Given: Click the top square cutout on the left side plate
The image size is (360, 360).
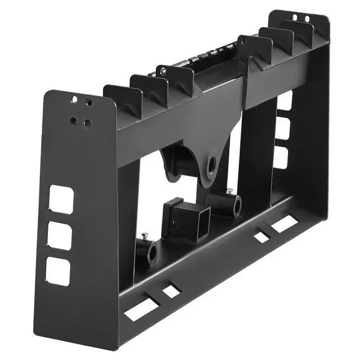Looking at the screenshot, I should [x=61, y=199].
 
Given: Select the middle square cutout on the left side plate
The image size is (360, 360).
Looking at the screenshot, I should [x=59, y=236].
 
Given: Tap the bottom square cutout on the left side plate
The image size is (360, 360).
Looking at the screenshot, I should [x=58, y=271].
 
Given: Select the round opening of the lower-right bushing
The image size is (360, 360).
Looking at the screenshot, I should [x=237, y=206].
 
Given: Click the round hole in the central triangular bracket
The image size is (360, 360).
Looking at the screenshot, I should [x=211, y=164].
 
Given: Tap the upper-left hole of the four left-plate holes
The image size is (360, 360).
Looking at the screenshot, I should [x=74, y=100].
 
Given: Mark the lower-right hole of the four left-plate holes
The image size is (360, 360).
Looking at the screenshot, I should [x=86, y=123].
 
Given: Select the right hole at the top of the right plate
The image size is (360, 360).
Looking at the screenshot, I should [x=307, y=19].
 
